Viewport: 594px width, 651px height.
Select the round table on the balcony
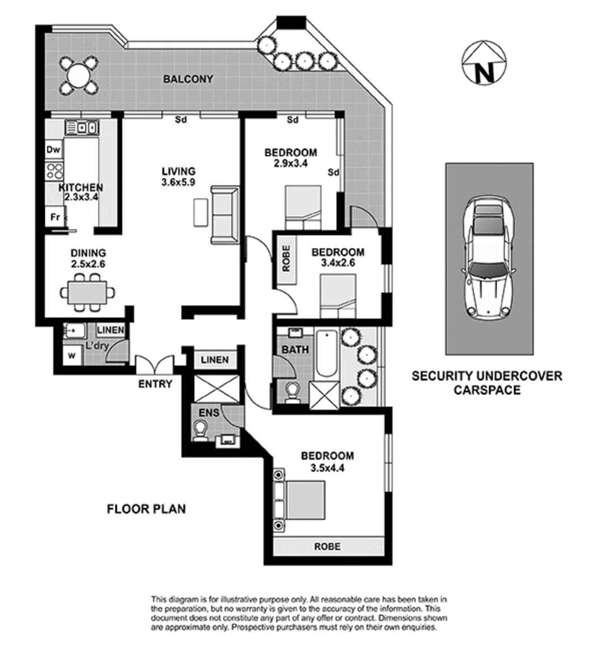[78, 74]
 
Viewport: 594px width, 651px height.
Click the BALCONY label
[188, 79]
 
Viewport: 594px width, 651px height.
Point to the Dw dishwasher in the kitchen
[53, 150]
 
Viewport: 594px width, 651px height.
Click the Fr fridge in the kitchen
[55, 217]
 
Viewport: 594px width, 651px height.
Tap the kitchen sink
[82, 128]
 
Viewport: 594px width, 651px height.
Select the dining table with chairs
[87, 293]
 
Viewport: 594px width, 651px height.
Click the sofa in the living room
[224, 215]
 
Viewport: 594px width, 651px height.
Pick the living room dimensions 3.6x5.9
[179, 182]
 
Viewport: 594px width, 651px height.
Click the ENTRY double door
[155, 365]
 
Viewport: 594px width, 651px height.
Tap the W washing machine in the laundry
[72, 356]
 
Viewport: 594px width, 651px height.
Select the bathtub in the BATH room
[326, 354]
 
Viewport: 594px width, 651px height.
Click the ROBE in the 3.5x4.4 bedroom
[328, 546]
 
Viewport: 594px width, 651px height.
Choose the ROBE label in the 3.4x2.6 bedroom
[285, 258]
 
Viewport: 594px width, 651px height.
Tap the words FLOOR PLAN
[147, 509]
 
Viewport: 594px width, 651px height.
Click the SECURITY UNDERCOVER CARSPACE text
[487, 383]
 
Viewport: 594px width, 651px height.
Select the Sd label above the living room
[181, 120]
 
